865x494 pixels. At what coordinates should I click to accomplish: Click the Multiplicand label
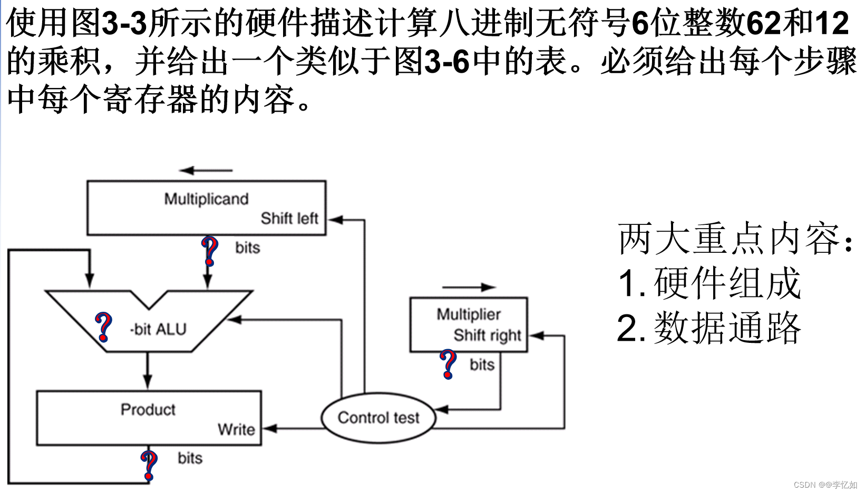click(x=206, y=199)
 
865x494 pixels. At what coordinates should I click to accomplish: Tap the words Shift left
click(x=289, y=218)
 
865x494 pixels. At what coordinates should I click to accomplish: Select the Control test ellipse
click(x=378, y=418)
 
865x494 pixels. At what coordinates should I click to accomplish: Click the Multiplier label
click(x=469, y=314)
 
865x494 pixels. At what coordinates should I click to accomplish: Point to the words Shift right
click(x=487, y=335)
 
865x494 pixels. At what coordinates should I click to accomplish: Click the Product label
click(x=148, y=409)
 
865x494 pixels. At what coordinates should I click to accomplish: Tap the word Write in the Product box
click(x=236, y=429)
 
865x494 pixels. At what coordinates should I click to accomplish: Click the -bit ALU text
click(x=158, y=329)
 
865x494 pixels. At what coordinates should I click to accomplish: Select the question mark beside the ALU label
click(x=103, y=327)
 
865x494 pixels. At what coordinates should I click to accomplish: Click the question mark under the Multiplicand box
click(x=210, y=251)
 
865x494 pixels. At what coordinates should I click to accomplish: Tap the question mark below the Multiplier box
click(x=448, y=363)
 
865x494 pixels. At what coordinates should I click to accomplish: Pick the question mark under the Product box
click(x=149, y=465)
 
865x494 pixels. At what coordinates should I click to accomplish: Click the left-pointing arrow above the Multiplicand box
click(x=206, y=170)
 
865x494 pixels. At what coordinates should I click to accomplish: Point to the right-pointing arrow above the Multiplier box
click(x=469, y=287)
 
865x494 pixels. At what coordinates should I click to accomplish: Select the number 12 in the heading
click(x=832, y=23)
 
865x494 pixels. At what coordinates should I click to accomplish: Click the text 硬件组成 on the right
click(x=727, y=283)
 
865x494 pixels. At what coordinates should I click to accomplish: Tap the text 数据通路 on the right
click(x=727, y=328)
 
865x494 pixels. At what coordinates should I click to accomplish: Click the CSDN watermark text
click(x=825, y=485)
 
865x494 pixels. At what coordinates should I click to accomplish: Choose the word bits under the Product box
click(x=190, y=458)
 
